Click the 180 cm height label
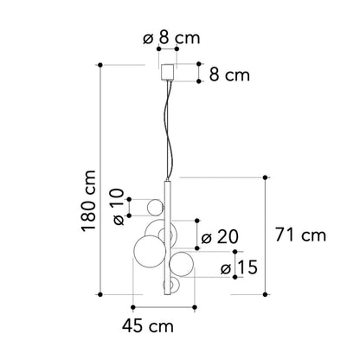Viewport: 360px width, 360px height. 88,201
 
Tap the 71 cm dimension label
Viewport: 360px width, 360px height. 300,235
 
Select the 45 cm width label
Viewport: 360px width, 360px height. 148,326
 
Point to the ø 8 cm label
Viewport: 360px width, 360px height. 171,38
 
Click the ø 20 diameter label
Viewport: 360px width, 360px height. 220,237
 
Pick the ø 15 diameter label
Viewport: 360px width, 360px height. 239,267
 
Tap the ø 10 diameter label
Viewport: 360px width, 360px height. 119,207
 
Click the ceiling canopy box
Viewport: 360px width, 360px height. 168,72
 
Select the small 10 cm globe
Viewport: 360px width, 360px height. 155,208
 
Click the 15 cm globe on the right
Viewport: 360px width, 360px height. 181,264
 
